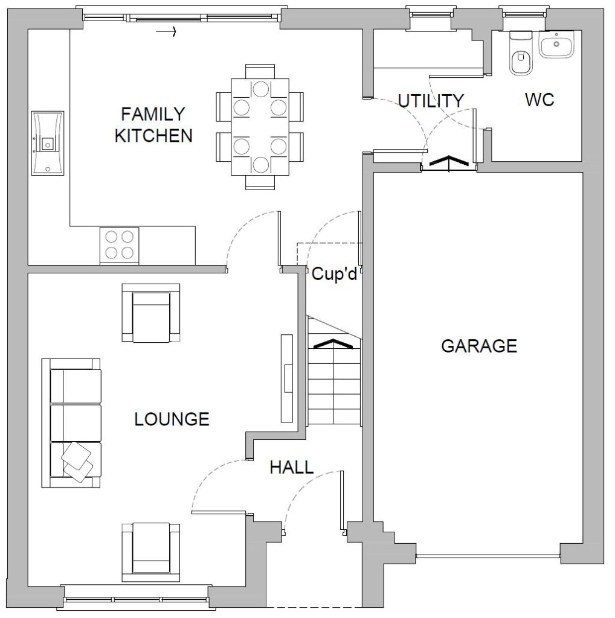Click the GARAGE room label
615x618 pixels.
point(479,346)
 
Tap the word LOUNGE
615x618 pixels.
point(172,419)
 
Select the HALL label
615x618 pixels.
point(292,468)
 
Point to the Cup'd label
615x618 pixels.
point(334,273)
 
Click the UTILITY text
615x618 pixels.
point(431,101)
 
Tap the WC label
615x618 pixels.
point(539,100)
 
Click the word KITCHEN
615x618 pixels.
point(153,136)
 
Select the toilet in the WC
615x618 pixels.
point(521,53)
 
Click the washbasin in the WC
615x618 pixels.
point(557,45)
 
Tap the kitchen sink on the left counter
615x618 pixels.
point(47,142)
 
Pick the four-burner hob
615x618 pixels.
point(119,245)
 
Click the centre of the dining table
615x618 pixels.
point(260,127)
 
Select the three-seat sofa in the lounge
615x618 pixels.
point(71,423)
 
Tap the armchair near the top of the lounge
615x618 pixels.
point(150,313)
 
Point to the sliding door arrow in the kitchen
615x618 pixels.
point(166,31)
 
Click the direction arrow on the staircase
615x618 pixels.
point(333,343)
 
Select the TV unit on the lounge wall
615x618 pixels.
point(287,378)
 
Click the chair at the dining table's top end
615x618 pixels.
point(260,72)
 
